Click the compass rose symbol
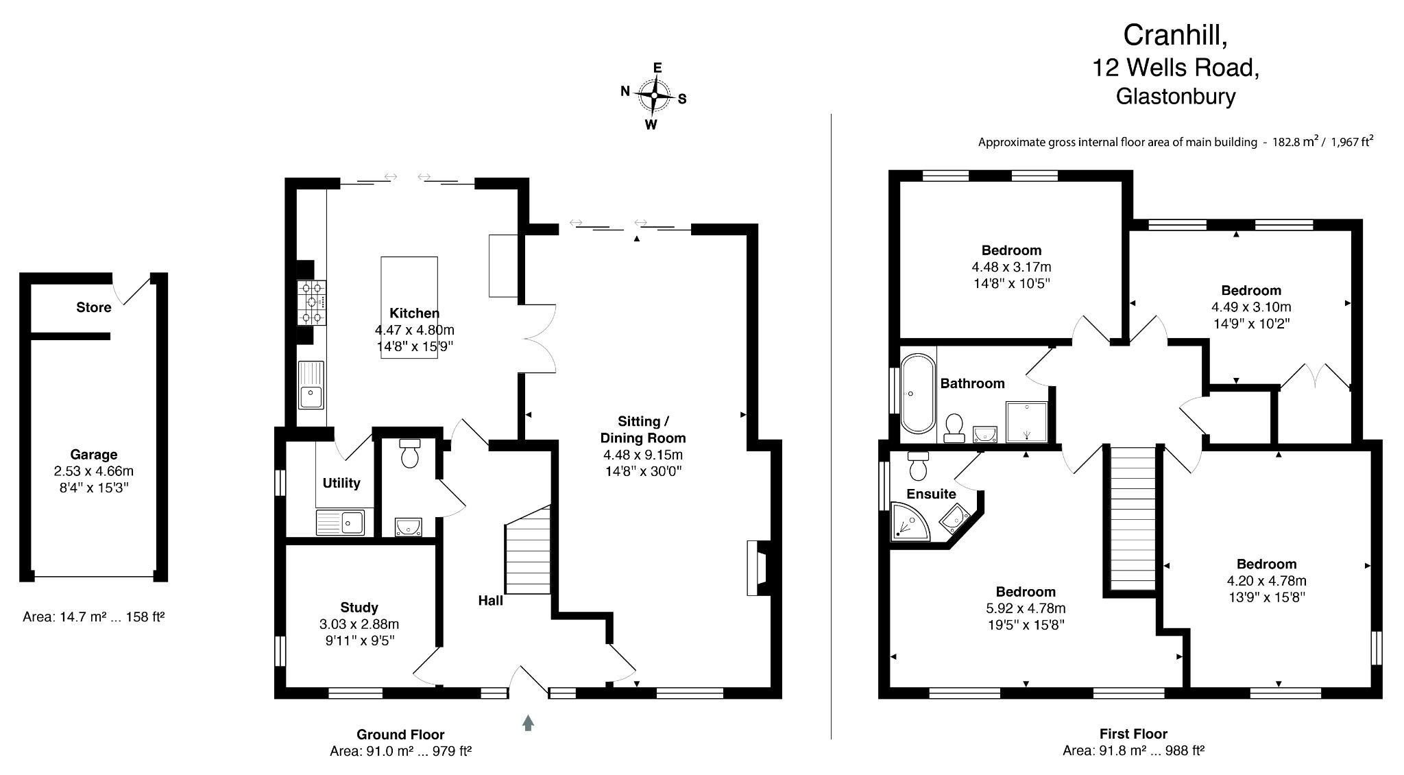coord(654,96)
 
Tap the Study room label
coord(359,607)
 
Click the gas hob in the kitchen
coord(311,302)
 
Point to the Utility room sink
coord(341,523)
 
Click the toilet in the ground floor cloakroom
coord(410,453)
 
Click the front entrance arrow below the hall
coord(528,722)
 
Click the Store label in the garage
coord(94,307)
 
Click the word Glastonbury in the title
coord(1175,96)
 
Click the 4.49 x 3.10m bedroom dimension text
coord(1251,307)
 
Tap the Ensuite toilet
coord(917,467)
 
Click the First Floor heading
coord(1133,733)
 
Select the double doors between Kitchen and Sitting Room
coord(538,338)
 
